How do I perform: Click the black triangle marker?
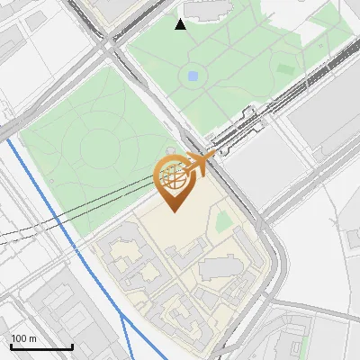tap(181, 24)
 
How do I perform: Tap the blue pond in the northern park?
tap(193, 76)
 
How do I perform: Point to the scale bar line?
tap(41, 346)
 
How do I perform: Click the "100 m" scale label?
tap(24, 338)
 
